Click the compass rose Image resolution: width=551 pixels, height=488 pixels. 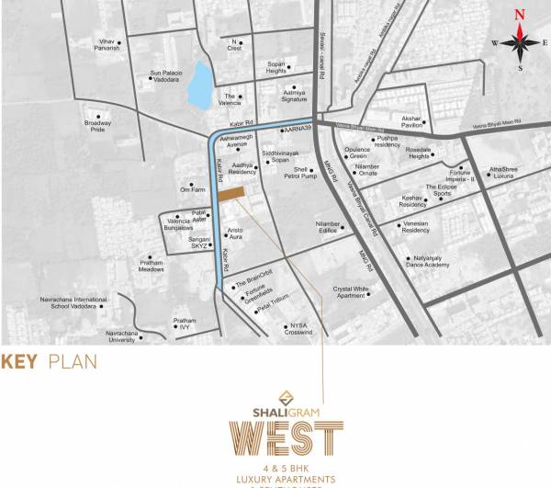pyautogui.click(x=519, y=41)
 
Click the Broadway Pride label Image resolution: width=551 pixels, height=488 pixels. pyautogui.click(x=97, y=125)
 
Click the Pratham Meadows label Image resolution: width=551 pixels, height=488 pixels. pyautogui.click(x=151, y=267)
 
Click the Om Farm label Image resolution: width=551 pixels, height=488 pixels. pyautogui.click(x=191, y=190)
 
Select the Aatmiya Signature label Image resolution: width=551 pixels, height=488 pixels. pyautogui.click(x=294, y=96)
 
